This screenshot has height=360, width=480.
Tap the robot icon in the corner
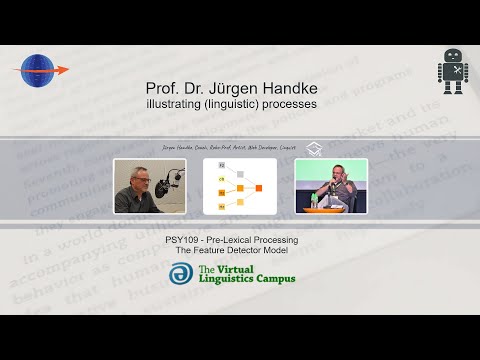[x=452, y=72]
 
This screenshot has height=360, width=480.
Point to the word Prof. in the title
[x=165, y=88]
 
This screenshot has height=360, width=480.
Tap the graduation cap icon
[x=313, y=148]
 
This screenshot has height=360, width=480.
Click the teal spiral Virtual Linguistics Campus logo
[x=181, y=273]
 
